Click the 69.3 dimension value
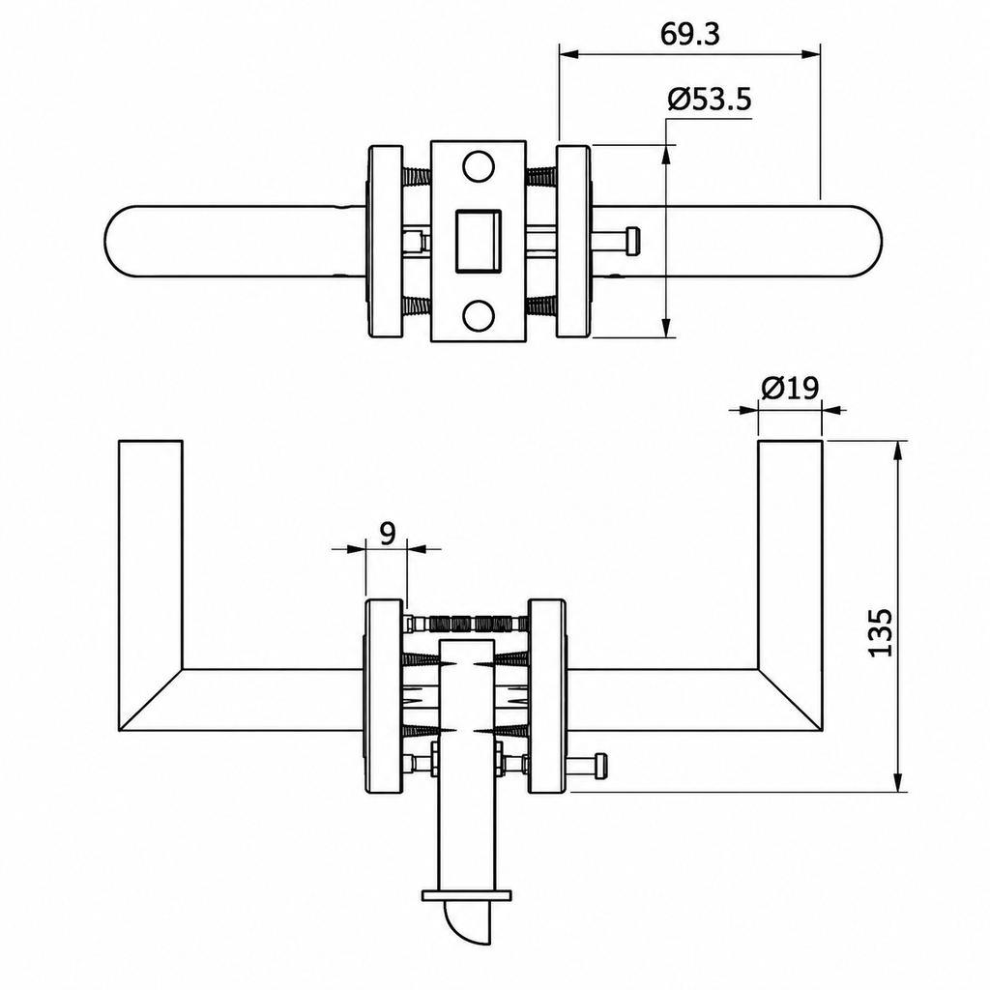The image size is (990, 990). tap(689, 34)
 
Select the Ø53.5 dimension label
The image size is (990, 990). tap(710, 100)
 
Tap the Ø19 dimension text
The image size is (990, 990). tap(790, 387)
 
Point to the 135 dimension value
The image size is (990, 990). tap(880, 632)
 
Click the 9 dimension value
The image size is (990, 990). tap(387, 533)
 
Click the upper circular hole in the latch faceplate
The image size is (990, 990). tap(478, 166)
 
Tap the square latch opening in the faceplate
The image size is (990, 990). tap(478, 241)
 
